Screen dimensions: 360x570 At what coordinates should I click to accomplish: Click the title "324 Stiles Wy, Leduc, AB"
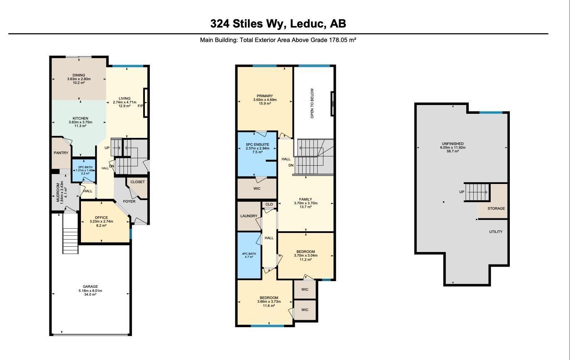[x=278, y=24]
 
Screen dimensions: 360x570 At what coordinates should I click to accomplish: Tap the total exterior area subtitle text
[x=278, y=40]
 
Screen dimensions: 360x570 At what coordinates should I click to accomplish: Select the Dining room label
[x=79, y=75]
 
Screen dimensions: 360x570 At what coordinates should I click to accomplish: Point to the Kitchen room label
[x=80, y=118]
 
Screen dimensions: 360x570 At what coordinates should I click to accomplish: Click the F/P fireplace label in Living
[x=140, y=106]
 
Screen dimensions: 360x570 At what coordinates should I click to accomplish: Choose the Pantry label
[x=61, y=153]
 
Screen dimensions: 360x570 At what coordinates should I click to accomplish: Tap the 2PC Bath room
[x=83, y=170]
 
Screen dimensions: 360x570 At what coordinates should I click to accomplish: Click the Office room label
[x=101, y=218]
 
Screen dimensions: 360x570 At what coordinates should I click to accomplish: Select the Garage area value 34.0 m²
[x=90, y=295]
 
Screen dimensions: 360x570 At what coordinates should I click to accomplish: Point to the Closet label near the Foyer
[x=137, y=182]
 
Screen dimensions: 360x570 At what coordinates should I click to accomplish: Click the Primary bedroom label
[x=265, y=96]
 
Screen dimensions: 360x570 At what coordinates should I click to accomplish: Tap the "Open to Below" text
[x=312, y=103]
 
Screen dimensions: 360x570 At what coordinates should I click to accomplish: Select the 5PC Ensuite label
[x=257, y=144]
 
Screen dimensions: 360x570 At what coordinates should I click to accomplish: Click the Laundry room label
[x=249, y=216]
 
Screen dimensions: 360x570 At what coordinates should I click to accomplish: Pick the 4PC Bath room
[x=249, y=255]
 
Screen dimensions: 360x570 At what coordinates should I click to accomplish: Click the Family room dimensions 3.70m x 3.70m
[x=306, y=203]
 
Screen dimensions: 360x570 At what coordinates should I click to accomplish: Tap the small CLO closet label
[x=269, y=204]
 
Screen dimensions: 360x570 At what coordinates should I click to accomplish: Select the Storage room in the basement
[x=496, y=208]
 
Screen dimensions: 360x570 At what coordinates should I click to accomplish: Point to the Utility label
[x=496, y=232]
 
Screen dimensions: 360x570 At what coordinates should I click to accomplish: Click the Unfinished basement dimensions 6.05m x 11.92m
[x=453, y=147]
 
